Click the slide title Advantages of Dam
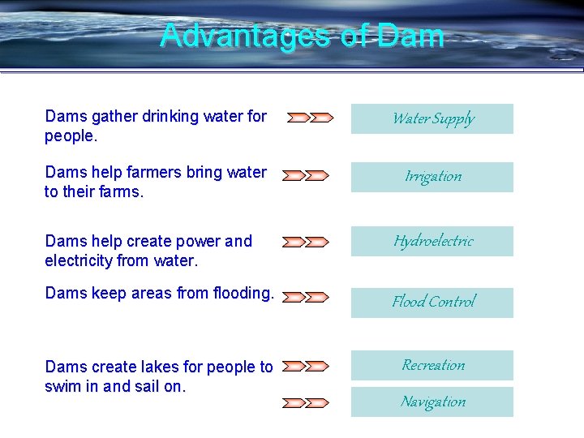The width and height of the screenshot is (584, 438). [x=302, y=36]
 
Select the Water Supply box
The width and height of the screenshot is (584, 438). [x=432, y=119]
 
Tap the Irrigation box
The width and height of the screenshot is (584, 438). [x=432, y=177]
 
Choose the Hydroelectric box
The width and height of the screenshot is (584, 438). [x=432, y=241]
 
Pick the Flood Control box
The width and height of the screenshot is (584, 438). [x=432, y=302]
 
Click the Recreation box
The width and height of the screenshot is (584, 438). [x=432, y=365]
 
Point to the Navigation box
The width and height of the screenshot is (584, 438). [x=432, y=401]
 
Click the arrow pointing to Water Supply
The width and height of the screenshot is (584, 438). [x=309, y=118]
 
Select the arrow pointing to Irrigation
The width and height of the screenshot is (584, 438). [x=307, y=175]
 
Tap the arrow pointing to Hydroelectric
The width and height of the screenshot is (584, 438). [x=307, y=242]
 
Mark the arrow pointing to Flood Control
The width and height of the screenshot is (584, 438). [x=307, y=298]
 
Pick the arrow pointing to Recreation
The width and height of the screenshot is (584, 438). [x=307, y=367]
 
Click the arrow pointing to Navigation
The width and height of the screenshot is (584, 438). [x=307, y=402]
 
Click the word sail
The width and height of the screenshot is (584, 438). [x=145, y=386]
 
